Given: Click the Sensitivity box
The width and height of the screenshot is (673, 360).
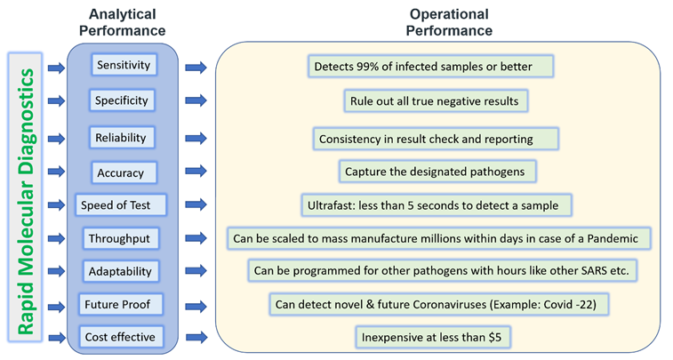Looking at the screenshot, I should [123, 65].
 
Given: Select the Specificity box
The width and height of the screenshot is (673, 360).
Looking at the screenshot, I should [122, 100].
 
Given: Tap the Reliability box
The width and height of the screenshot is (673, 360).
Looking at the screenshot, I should [122, 137].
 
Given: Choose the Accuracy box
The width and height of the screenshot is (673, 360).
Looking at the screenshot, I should [123, 172].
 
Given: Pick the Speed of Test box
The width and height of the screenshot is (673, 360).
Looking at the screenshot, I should [120, 204].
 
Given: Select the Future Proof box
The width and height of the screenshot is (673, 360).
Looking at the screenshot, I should [121, 304].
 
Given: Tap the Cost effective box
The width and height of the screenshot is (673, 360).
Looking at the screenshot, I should [120, 337].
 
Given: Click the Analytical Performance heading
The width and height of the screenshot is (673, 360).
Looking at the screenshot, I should [123, 23].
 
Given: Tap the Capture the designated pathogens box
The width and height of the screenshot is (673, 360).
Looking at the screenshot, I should [437, 172].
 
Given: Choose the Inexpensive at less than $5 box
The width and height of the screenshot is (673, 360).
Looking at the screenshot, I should [437, 337].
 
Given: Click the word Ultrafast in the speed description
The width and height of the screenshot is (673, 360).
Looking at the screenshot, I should [333, 205].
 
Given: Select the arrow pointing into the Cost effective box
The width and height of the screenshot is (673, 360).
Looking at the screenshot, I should [56, 337].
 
